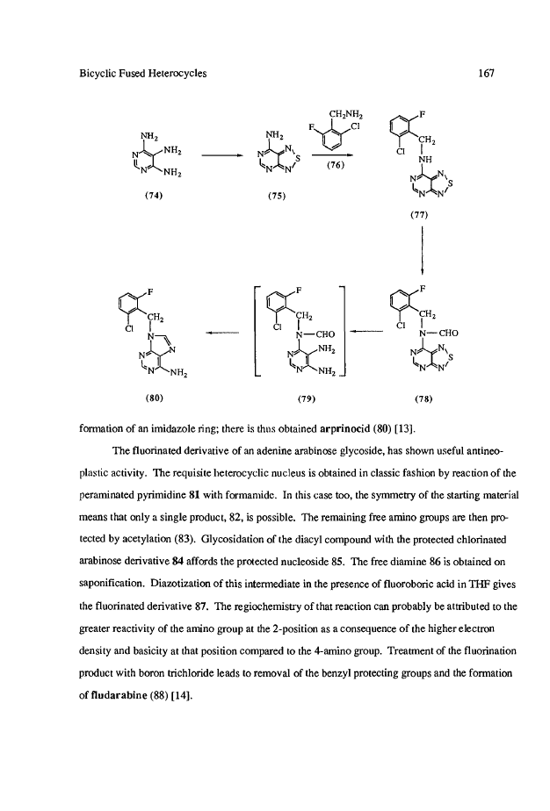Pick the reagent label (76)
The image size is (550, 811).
pyautogui.click(x=335, y=164)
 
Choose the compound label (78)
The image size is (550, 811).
pyautogui.click(x=416, y=397)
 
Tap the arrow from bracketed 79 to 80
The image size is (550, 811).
pyautogui.click(x=221, y=332)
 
